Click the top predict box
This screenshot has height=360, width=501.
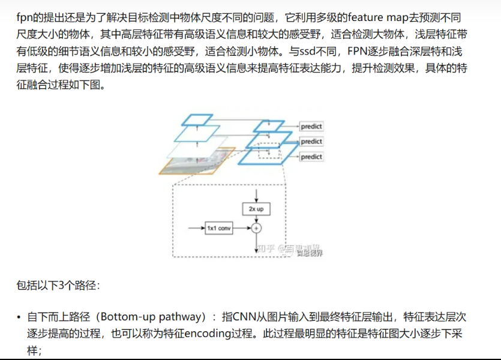pos(311,127)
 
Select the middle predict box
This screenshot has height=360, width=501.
pos(311,142)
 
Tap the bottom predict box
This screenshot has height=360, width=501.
pos(311,157)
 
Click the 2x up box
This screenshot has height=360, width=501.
pos(256,209)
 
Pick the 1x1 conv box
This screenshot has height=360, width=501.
pos(219,229)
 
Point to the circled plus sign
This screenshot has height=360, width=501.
pos(257,229)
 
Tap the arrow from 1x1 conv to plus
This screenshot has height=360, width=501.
pos(242,229)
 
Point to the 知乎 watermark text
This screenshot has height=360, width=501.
pos(266,247)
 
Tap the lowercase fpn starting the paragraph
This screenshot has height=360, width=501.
pos(24,17)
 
